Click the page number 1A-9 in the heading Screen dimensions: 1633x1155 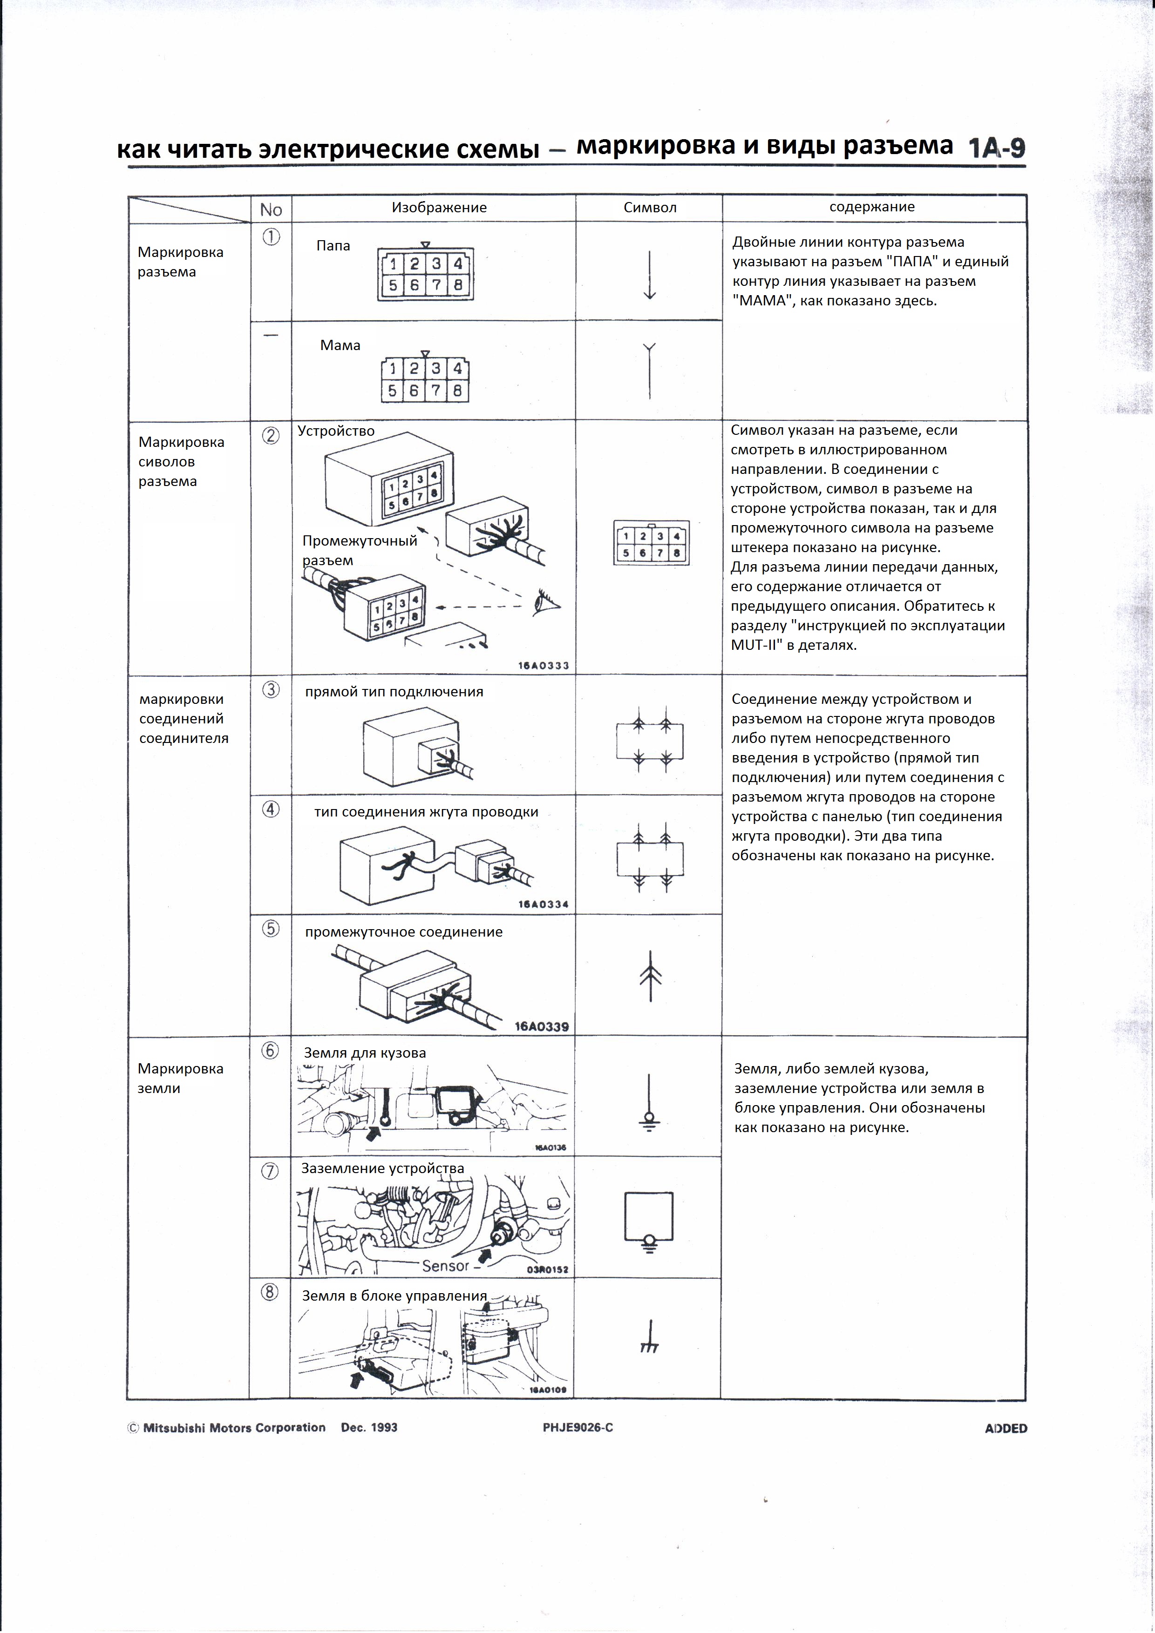click(996, 148)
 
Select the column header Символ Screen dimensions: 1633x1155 click(649, 208)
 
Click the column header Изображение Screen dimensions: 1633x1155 click(439, 208)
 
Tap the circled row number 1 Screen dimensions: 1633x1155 click(271, 237)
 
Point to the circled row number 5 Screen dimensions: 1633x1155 click(271, 929)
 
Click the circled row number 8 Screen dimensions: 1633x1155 click(270, 1292)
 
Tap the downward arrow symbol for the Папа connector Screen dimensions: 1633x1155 click(649, 275)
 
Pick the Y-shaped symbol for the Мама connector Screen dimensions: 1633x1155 click(649, 370)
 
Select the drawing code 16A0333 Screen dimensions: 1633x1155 click(543, 666)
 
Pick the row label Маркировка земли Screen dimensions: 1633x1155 click(180, 1078)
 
